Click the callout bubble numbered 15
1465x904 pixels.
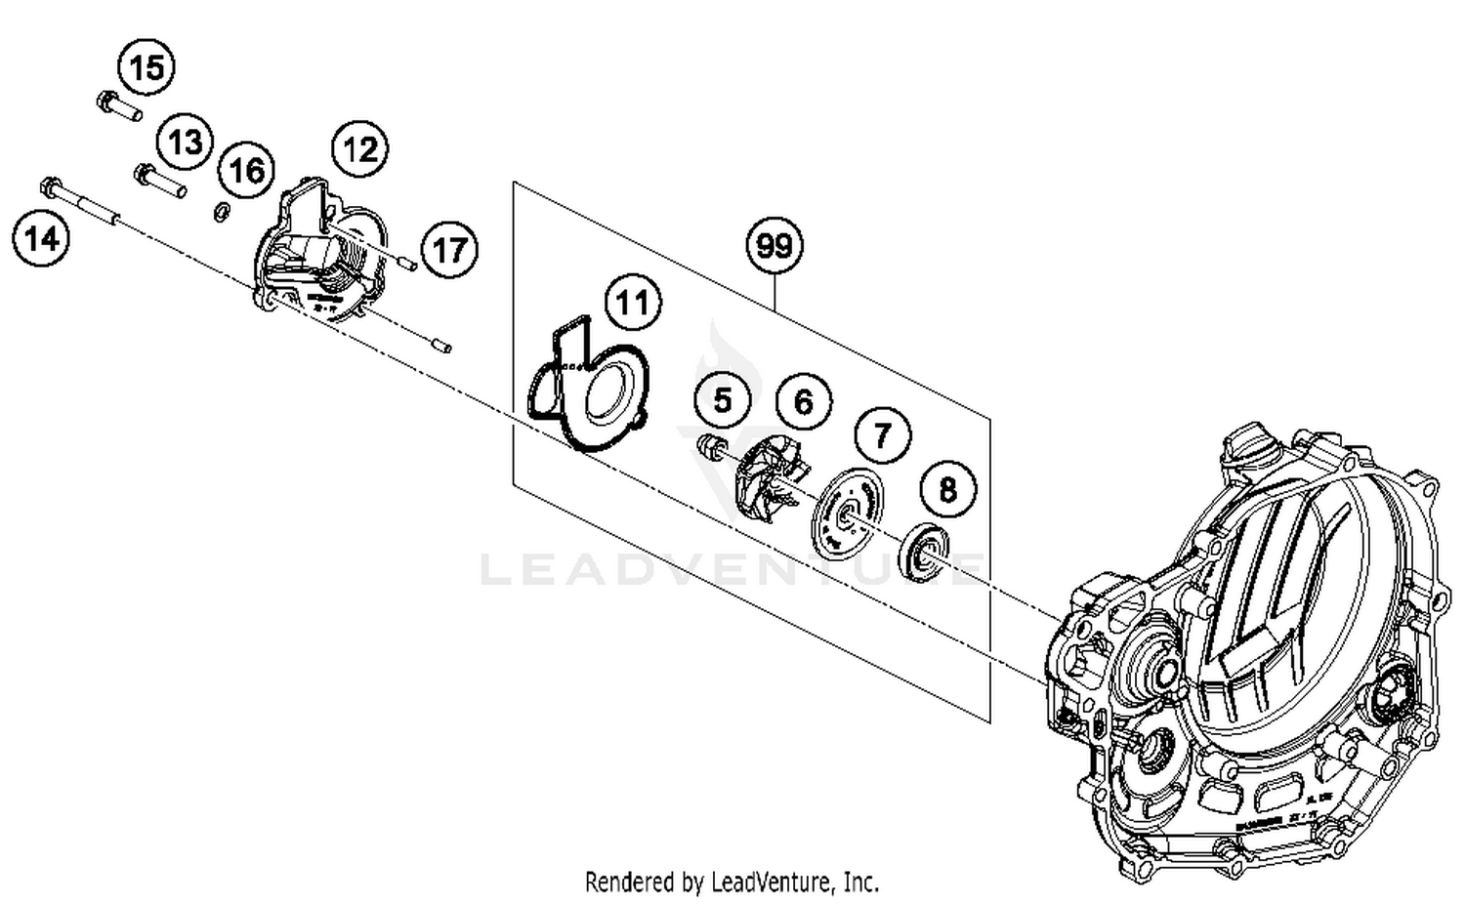click(146, 68)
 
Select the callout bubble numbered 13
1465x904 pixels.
click(186, 142)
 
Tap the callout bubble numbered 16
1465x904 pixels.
click(246, 171)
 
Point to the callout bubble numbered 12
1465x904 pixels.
click(360, 149)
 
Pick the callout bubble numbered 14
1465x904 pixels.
click(42, 238)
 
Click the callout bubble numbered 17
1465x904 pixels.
click(449, 250)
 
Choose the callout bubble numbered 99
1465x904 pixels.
click(774, 244)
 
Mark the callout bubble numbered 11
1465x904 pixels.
click(633, 303)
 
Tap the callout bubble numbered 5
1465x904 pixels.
click(722, 400)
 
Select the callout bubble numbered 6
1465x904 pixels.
click(803, 401)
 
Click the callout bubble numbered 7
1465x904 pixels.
click(883, 434)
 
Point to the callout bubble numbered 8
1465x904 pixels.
click(947, 488)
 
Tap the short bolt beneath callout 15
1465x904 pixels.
click(119, 106)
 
